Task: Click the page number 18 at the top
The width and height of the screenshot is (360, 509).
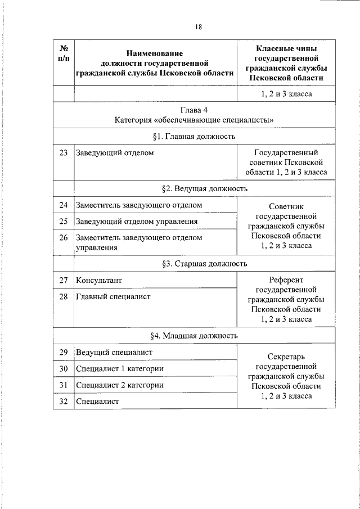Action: [x=199, y=27]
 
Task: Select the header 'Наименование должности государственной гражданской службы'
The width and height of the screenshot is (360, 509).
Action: [x=156, y=63]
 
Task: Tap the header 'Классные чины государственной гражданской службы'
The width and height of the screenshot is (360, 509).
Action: [x=287, y=63]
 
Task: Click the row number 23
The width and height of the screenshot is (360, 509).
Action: [x=64, y=152]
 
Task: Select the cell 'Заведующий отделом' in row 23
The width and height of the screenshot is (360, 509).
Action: [x=115, y=152]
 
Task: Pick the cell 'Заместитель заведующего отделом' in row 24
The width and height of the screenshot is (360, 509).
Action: [x=139, y=205]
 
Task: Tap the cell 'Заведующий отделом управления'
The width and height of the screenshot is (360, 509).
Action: [x=137, y=222]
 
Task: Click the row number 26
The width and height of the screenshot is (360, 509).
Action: [x=64, y=238]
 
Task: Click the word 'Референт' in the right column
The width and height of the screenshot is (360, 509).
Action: [x=287, y=280]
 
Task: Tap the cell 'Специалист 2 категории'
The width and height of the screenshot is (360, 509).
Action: [x=120, y=385]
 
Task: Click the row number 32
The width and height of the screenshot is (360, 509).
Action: [x=64, y=402]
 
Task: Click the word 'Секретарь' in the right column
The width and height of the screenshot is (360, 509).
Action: [x=287, y=356]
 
